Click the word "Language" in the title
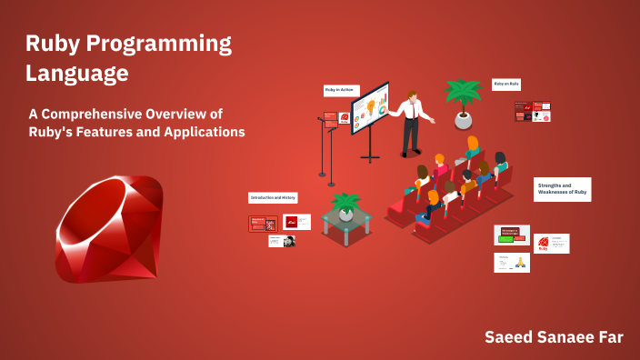(x=76, y=72)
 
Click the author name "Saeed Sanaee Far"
(x=553, y=337)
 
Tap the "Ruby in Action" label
(x=341, y=90)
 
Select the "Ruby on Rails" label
(x=506, y=84)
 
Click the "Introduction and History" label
(x=273, y=197)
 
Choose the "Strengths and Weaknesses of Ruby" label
(x=562, y=189)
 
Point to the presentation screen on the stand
(x=371, y=110)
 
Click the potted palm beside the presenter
(x=464, y=102)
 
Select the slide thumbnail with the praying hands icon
(x=512, y=263)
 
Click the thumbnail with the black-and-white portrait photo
(x=282, y=241)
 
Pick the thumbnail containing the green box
(x=511, y=235)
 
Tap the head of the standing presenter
(x=413, y=96)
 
